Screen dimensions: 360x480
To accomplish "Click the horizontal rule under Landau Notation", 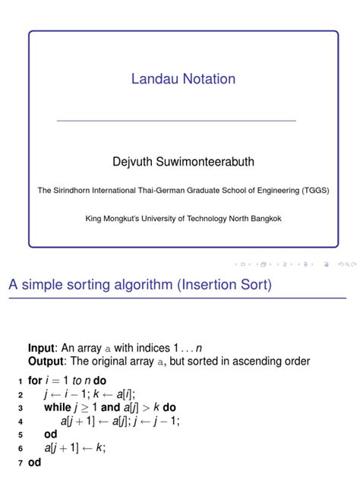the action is click(x=176, y=121).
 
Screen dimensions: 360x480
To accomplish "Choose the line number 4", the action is click(x=19, y=421).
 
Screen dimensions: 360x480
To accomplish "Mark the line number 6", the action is click(x=19, y=448).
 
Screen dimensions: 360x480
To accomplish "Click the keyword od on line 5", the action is click(x=51, y=434).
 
